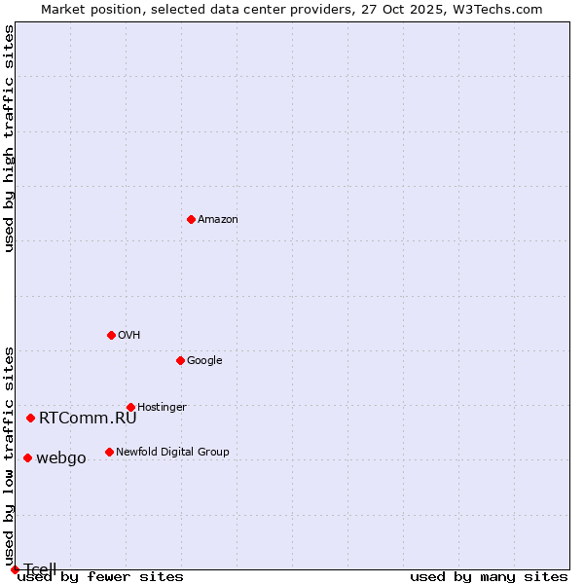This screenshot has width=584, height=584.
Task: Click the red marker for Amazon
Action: [x=191, y=219]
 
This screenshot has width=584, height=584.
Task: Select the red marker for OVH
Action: [x=111, y=335]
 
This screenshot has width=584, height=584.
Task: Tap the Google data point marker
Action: [x=180, y=360]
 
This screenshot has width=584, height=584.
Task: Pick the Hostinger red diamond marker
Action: [x=130, y=407]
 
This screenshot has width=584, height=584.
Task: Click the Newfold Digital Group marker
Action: [x=109, y=452]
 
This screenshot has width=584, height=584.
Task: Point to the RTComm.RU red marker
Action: [x=30, y=418]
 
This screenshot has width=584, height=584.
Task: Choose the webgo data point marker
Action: [x=27, y=457]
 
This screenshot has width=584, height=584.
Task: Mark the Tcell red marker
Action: [x=15, y=569]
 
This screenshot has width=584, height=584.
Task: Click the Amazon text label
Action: [x=217, y=220]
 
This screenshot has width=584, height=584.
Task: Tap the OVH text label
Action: [x=128, y=336]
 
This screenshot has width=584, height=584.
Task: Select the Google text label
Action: [x=204, y=361]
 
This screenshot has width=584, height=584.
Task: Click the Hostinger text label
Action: [x=162, y=408]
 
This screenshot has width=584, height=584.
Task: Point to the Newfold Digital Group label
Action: [x=172, y=453]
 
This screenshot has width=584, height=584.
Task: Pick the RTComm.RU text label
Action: [x=88, y=419]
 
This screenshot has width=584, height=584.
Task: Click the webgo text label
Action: [x=60, y=458]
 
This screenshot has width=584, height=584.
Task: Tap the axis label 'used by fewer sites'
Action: [x=100, y=577]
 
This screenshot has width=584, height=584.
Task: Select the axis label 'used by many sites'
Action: [x=489, y=577]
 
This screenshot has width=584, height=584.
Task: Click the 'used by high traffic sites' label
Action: [x=9, y=138]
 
